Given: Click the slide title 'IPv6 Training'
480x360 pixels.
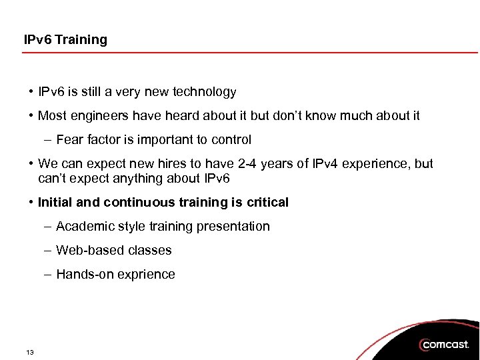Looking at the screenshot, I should click(x=65, y=40).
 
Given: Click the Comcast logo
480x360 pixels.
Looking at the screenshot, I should click(x=445, y=345).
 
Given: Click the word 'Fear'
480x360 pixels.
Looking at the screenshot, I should click(x=70, y=140).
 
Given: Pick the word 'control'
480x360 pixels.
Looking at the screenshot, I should click(x=231, y=140).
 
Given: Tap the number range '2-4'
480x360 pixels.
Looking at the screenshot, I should click(x=249, y=164).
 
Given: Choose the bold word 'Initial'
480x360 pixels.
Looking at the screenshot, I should click(x=59, y=202).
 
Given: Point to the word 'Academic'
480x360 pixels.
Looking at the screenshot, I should click(x=85, y=227).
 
